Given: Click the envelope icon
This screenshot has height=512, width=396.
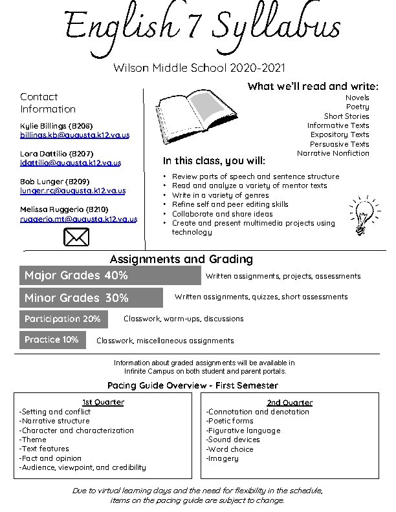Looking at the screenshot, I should coord(76,238).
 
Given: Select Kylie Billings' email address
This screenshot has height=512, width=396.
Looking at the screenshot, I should coord(74,135).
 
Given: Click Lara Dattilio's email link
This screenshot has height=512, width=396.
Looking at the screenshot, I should coord(71,163).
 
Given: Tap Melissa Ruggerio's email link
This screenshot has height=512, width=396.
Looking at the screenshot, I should coord(78,219).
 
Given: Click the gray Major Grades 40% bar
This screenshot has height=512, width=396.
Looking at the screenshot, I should coord(110,276).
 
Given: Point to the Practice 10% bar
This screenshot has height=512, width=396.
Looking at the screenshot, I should coord(52,339).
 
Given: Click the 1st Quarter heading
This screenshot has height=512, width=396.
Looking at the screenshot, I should coord(103,402).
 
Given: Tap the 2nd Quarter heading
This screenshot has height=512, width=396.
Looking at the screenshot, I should coord(289,403).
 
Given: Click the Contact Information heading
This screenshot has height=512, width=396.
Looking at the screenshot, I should coord(48,103).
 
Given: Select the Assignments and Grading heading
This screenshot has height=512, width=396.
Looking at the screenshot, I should coord(181,259).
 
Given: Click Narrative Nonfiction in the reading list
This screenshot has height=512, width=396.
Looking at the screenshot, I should coord(333,153).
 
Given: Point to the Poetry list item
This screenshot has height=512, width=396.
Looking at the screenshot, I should coord(357,107).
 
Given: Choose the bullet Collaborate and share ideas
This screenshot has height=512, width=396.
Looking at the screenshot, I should coord(223,213).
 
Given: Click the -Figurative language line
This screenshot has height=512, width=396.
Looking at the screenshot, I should coord(243,431).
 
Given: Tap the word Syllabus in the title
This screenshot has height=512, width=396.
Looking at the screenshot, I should coord(276,28).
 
